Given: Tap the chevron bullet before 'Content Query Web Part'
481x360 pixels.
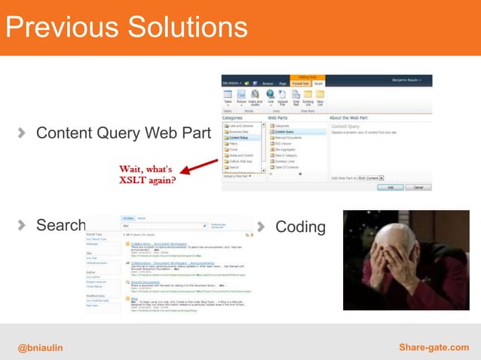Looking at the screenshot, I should coord(23,133).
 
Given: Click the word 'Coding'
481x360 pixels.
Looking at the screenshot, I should coord(301,227).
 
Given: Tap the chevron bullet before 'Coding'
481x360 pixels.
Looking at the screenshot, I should coord(262,226).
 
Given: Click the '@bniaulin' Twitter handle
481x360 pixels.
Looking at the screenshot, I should coord(41,346).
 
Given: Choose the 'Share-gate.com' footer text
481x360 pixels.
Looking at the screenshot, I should coord(435,346).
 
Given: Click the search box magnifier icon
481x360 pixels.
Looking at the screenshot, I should coord(204,225).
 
